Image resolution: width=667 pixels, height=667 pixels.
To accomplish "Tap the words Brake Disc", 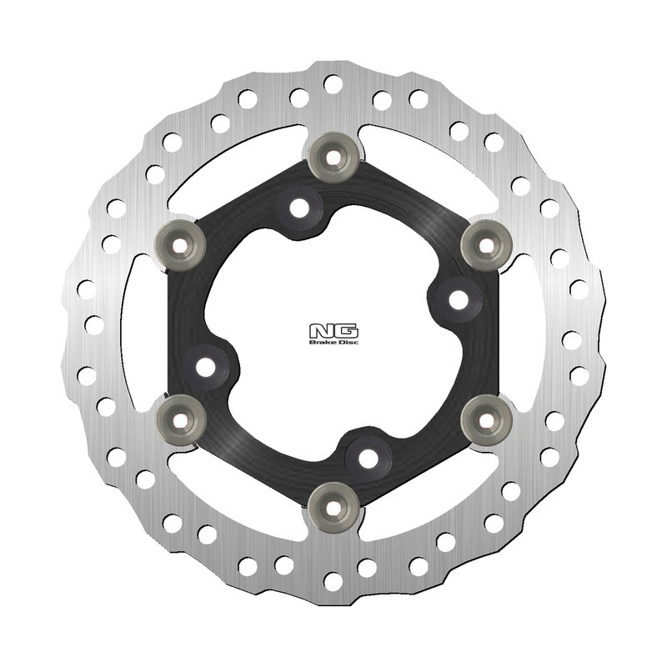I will (333, 342).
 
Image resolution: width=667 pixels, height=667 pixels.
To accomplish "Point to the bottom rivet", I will (333, 503).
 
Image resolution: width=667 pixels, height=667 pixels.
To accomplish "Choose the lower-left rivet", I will (180, 410).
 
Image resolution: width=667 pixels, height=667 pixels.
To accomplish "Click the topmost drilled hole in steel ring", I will (333, 83).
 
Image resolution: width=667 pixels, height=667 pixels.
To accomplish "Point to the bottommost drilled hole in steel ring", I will (333, 580).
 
